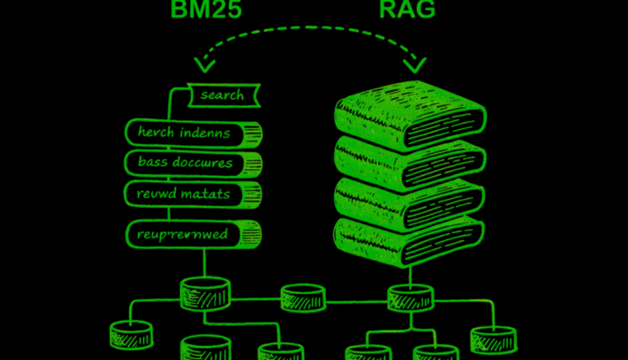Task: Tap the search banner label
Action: click(223, 95)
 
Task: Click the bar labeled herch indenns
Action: click(193, 132)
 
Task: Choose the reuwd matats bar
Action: click(193, 193)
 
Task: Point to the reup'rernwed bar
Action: click(193, 233)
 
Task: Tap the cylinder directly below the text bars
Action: click(204, 292)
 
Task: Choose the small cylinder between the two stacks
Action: click(303, 297)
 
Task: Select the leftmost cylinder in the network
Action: click(131, 335)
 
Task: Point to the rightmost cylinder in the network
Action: click(493, 339)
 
